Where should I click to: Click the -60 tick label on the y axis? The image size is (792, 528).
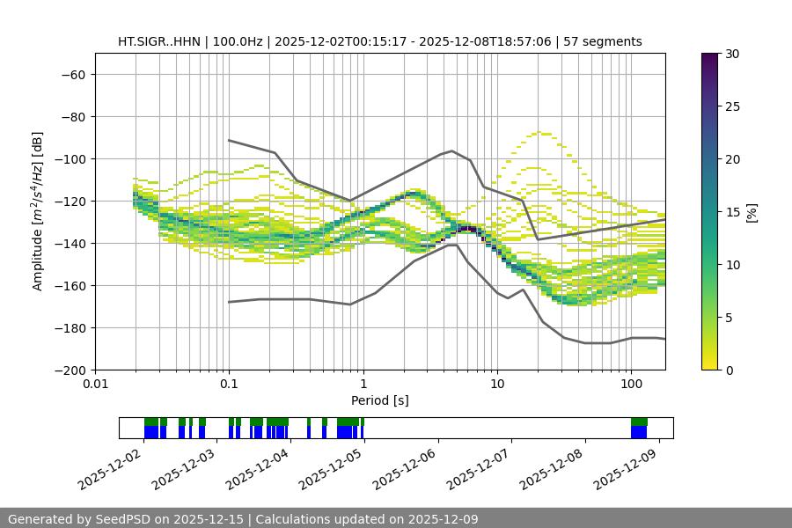pos(72,74)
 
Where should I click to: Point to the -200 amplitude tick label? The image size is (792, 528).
pos(69,370)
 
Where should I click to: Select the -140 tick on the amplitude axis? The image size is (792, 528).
pos(69,243)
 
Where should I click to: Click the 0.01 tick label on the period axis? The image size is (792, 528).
pos(95,385)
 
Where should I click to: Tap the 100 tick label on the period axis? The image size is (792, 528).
pos(631,385)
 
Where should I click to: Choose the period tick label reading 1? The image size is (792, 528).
pos(363,385)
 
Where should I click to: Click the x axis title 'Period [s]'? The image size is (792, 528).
pos(379,400)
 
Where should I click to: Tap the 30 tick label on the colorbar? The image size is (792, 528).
pos(732,54)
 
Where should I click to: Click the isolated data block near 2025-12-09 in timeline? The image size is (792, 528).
pos(639,429)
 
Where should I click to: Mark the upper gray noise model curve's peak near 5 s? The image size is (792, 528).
pos(452,150)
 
